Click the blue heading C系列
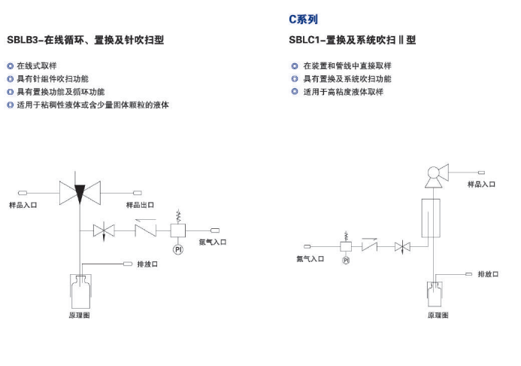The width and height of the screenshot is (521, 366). [304, 20]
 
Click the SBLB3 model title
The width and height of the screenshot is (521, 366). [86, 40]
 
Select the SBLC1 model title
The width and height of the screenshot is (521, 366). [352, 40]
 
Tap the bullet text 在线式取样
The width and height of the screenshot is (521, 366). [37, 66]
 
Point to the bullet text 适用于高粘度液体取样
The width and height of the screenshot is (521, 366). [344, 92]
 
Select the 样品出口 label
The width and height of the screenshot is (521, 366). [140, 205]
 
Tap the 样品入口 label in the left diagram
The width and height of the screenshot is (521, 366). [23, 205]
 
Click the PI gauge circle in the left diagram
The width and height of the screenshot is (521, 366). [178, 249]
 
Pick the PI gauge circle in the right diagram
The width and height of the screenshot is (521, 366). [346, 260]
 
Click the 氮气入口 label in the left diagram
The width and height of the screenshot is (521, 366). [213, 242]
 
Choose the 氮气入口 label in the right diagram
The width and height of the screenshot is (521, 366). [310, 259]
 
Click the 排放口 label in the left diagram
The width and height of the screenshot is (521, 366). [147, 264]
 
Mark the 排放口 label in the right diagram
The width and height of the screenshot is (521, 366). [488, 274]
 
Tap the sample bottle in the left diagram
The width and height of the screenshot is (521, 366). [80, 291]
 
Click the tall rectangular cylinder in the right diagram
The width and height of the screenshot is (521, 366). [431, 218]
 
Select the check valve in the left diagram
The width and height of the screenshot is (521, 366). [146, 230]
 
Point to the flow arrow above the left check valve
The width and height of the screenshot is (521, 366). [146, 220]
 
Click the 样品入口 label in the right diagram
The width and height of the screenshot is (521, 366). [481, 185]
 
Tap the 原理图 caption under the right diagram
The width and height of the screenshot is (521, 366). [438, 315]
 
